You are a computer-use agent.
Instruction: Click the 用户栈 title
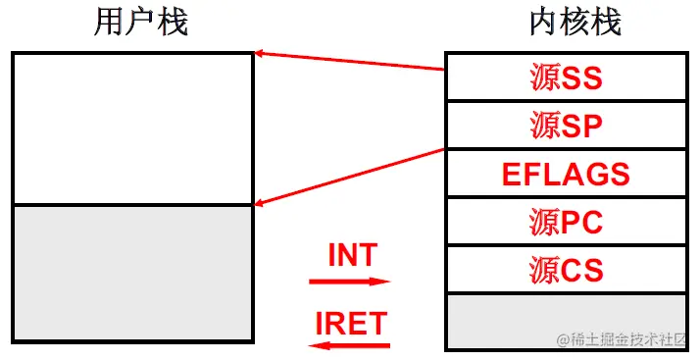tap(141, 24)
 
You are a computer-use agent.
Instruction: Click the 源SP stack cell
tap(566, 127)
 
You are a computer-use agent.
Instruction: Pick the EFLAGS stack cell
tap(566, 175)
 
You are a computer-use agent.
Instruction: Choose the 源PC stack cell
tap(566, 223)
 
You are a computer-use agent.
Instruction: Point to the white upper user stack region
tap(132, 129)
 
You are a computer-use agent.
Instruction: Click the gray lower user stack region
tap(132, 276)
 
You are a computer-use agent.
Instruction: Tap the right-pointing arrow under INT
tap(350, 281)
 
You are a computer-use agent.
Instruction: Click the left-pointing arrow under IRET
tap(350, 344)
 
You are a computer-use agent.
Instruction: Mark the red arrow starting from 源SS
tap(350, 61)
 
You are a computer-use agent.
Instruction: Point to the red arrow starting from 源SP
tap(350, 178)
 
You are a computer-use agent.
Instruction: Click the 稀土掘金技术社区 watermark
tap(627, 339)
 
